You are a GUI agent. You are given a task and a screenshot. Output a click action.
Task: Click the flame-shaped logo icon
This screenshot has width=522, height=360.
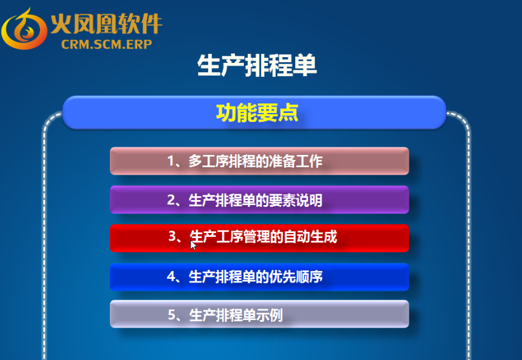pos(24,29)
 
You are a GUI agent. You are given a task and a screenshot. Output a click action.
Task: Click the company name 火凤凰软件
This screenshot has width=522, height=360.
pos(107,23)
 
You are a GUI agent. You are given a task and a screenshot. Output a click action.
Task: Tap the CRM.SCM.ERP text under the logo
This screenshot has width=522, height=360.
pos(107,44)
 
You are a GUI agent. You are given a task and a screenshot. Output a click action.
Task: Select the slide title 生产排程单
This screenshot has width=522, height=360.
pos(257,65)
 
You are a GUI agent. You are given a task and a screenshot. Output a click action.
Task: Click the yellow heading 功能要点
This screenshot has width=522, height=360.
pos(257,113)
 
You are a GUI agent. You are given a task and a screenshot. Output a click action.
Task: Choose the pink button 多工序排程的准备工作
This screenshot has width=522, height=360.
pos(259,161)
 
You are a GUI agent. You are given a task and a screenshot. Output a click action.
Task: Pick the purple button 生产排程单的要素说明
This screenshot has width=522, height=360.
pos(259,199)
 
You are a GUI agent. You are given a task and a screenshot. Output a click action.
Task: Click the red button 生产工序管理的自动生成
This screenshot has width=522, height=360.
pos(259,238)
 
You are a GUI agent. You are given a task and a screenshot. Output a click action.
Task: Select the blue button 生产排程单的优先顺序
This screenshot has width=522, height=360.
pos(259,277)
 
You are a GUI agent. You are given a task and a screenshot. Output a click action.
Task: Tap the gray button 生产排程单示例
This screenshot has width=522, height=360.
pos(259,314)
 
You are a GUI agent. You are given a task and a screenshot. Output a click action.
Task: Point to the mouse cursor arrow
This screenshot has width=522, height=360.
pos(193,245)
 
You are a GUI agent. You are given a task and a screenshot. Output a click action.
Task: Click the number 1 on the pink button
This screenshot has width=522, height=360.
pos(171,161)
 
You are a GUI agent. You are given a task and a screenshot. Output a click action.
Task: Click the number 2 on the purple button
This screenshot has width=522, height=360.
pos(171,200)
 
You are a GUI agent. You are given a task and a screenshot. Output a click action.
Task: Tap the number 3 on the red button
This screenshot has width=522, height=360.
pos(173,236)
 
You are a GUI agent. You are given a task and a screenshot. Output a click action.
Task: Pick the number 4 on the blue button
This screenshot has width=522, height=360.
pos(171,276)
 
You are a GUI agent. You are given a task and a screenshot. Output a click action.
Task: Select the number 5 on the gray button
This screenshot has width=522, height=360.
pos(172,314)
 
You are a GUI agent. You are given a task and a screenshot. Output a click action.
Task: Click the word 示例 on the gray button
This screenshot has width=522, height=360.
pos(269,315)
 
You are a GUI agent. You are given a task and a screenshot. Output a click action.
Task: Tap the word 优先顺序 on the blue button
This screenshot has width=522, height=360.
pos(296,277)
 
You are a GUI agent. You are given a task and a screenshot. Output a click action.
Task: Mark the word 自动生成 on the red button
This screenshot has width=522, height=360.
pos(311,237)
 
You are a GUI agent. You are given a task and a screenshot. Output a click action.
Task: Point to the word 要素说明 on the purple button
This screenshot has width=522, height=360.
pos(296,200)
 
